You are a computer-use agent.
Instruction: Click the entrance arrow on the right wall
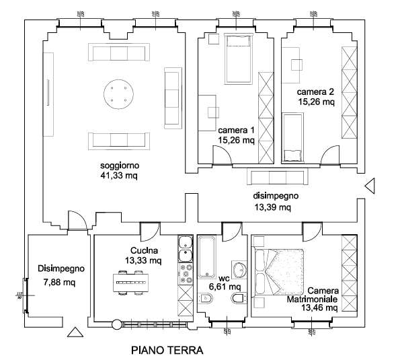tap(370, 186)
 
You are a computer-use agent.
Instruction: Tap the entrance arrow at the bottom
tap(75, 332)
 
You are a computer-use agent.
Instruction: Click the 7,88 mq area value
tap(58, 283)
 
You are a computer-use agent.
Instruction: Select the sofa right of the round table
tap(172, 98)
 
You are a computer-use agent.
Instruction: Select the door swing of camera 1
tap(221, 156)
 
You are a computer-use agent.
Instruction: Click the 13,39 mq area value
tap(272, 207)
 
